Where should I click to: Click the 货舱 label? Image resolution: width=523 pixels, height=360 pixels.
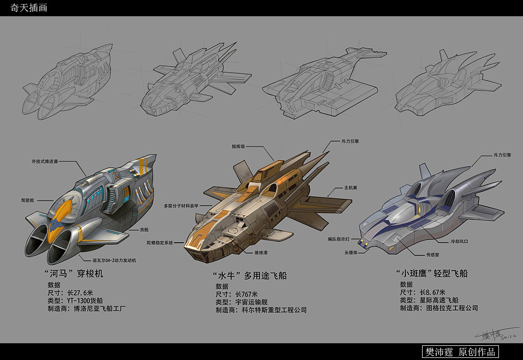[x=143, y=229]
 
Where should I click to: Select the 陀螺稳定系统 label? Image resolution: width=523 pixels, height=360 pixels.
[x=167, y=242]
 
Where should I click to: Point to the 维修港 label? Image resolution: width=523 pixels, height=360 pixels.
[x=261, y=252]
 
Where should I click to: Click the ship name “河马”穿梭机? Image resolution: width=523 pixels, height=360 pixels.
[x=74, y=273]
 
